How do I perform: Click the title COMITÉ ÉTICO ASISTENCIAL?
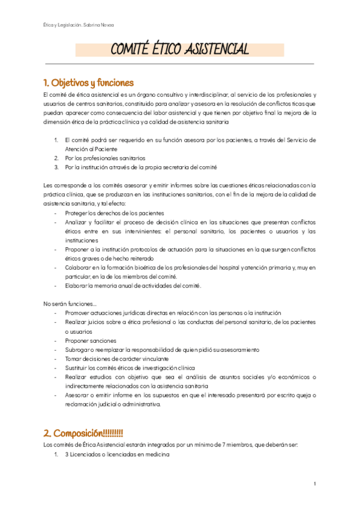180,49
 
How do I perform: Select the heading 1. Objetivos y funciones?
88,82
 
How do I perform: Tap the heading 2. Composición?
83,432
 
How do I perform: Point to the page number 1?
314,483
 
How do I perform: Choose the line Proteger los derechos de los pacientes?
115,213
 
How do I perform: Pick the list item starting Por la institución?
140,167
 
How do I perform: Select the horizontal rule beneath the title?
179,63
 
